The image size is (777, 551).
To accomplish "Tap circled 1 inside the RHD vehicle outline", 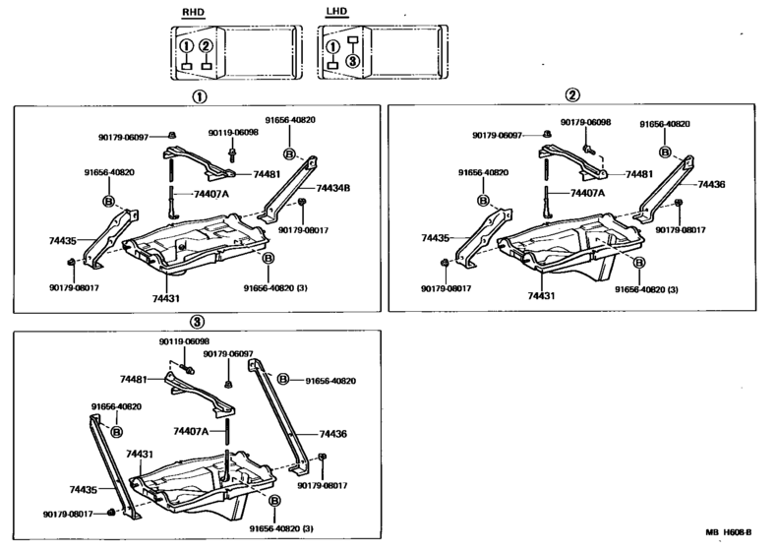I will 185,45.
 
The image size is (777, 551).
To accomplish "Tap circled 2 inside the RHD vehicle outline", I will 206,45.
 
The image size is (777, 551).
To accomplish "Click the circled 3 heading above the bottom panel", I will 197,322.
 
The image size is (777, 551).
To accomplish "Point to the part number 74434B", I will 334,188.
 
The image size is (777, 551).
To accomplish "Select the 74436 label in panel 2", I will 711,184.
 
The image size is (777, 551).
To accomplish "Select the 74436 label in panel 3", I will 332,433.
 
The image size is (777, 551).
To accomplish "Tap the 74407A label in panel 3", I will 192,430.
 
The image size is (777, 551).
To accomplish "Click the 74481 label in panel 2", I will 639,174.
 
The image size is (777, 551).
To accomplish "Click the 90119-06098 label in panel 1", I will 233,132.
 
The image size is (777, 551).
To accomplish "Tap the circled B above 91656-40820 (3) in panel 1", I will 267,259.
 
